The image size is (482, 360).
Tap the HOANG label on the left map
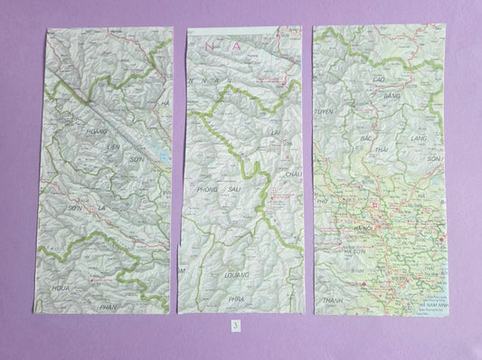pos(96,132)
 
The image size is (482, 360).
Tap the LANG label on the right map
pos(418,140)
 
